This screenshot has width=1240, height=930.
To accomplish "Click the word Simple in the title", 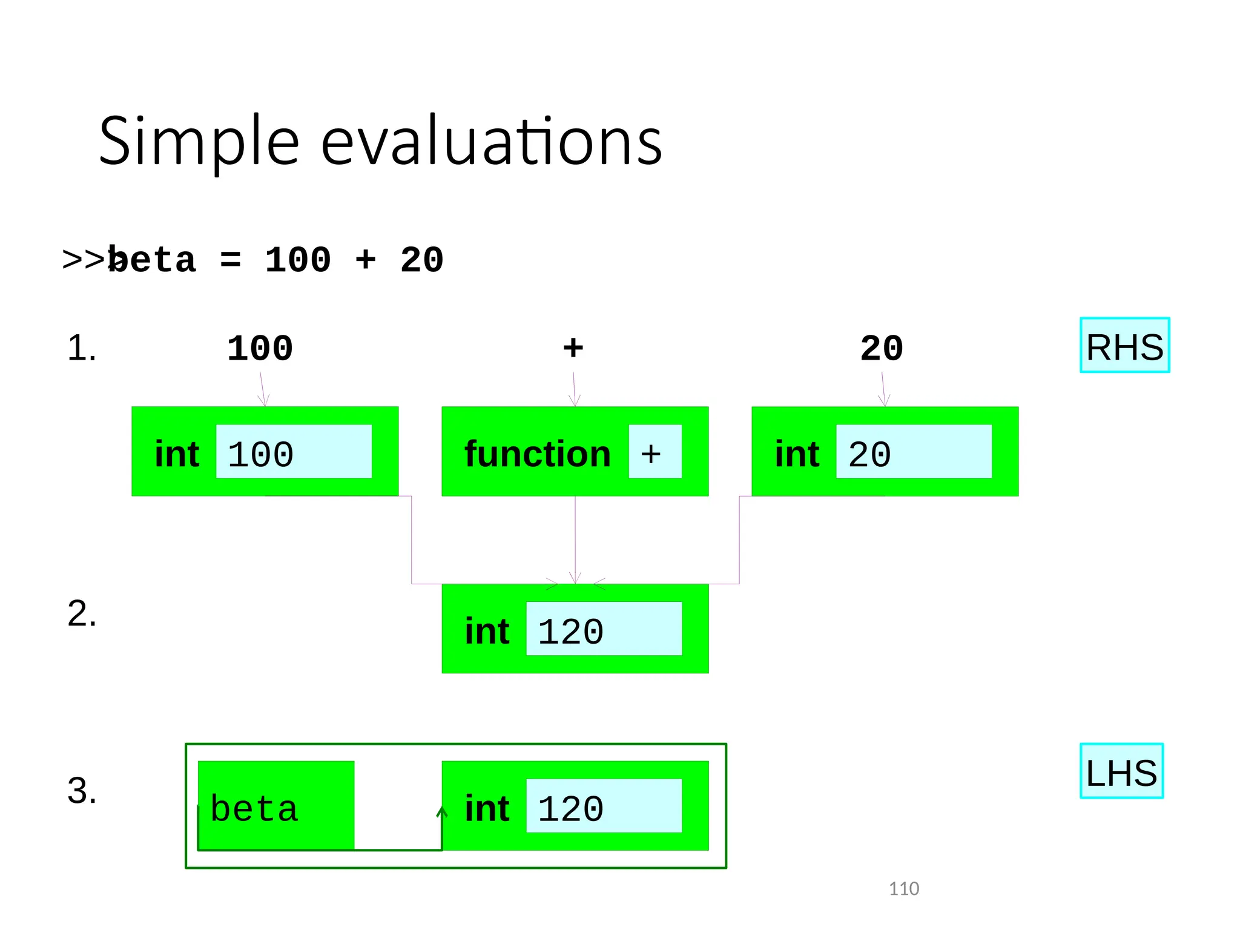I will (199, 142).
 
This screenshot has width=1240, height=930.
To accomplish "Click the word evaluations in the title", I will (491, 142).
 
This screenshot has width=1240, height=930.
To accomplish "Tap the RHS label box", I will (1124, 345).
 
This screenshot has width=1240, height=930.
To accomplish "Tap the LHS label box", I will (1121, 771).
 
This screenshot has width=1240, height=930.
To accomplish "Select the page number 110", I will (903, 888).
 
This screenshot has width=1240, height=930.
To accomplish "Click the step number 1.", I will (82, 348).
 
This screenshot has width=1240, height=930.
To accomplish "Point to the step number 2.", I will (82, 613).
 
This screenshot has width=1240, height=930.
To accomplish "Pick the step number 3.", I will (82, 790).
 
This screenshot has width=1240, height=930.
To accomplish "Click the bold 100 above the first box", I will (260, 349).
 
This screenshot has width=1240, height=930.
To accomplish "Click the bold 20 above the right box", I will (882, 349).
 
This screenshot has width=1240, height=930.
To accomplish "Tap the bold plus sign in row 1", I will (573, 348).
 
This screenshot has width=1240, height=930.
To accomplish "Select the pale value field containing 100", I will (294, 452).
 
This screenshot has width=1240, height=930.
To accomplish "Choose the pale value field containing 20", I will (914, 452).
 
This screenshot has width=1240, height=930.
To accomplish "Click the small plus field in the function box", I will (655, 452).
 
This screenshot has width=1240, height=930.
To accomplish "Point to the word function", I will (538, 454).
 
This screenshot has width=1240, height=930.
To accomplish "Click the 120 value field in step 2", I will (604, 628).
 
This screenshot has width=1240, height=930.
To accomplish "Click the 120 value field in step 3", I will (604, 806).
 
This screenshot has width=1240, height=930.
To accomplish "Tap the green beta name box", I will (276, 806).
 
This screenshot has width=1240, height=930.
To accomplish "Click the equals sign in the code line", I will (230, 260).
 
